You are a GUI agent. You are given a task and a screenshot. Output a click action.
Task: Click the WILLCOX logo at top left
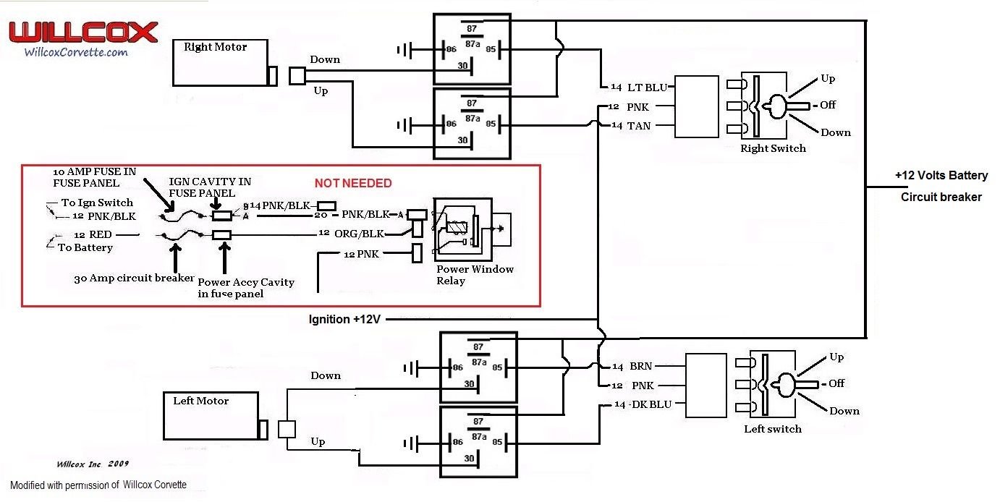point(82,33)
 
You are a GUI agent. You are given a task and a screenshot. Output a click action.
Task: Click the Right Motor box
point(220,63)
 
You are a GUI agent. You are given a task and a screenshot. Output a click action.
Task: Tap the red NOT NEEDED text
point(353,184)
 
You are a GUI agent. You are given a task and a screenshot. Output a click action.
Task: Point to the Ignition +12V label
point(344,319)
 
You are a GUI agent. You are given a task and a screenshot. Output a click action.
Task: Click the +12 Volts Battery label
point(941,176)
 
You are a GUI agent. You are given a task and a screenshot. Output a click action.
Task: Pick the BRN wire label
point(641,367)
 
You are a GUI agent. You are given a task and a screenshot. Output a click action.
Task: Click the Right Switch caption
point(773,148)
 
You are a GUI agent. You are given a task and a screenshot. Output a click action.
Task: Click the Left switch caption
point(773,429)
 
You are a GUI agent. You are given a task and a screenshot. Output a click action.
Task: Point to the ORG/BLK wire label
point(358,234)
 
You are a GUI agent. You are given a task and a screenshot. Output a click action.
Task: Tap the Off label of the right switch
point(828,105)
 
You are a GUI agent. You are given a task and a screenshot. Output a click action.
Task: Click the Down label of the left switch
point(844,411)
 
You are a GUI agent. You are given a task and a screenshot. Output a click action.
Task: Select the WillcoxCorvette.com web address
point(76,52)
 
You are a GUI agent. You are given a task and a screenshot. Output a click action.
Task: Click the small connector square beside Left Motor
point(287,429)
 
